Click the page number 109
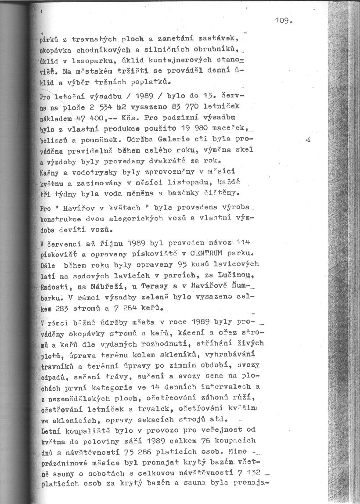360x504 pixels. coord(284,20)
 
